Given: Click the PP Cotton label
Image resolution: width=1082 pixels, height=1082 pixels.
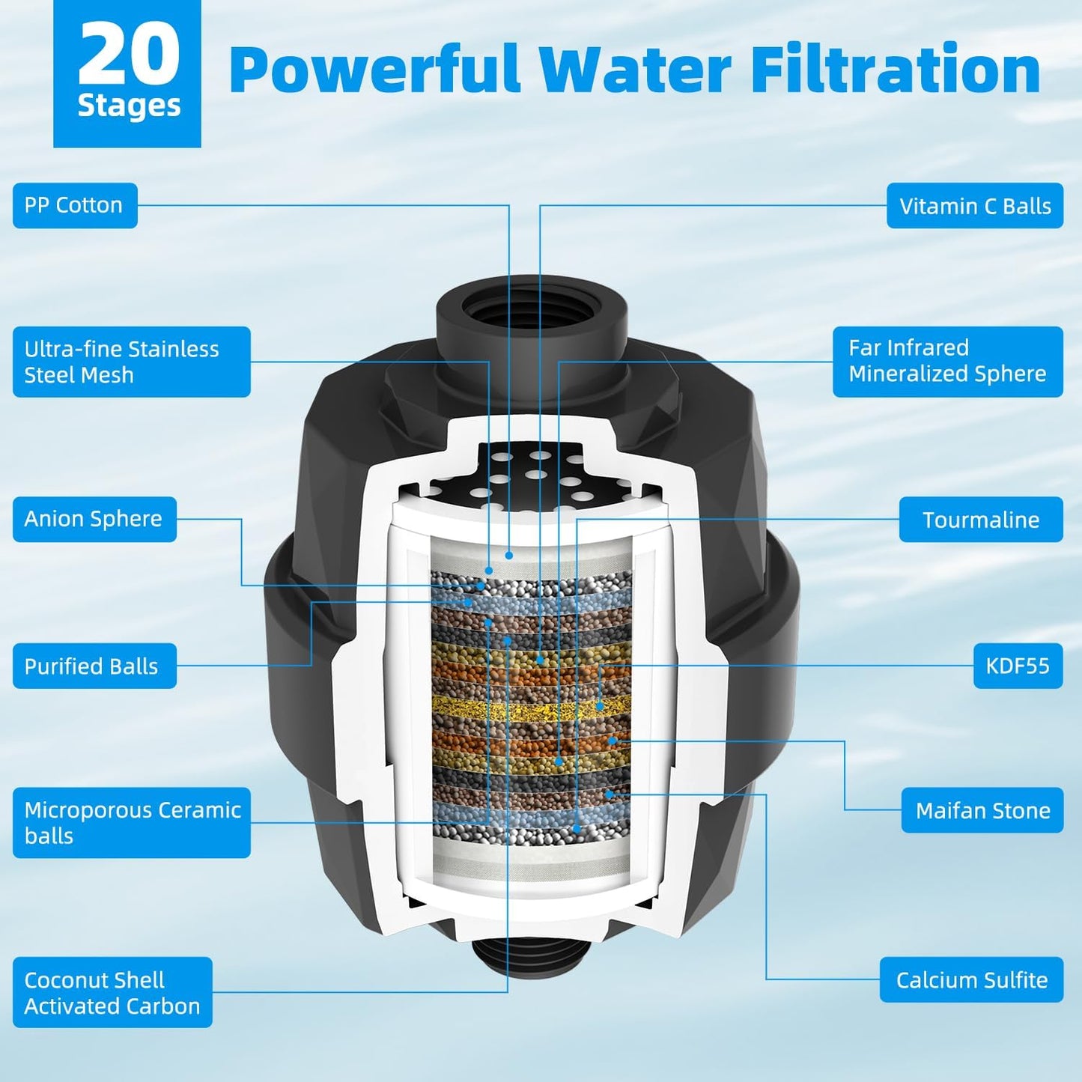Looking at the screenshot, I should tap(75, 205).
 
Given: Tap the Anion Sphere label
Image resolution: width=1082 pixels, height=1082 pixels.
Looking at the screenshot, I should tap(94, 519).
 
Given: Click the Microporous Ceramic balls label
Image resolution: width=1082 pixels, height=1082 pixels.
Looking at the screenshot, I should tap(131, 822).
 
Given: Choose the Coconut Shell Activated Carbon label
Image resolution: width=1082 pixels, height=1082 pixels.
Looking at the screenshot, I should tap(112, 992).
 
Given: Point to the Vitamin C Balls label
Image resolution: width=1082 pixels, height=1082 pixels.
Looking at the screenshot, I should tap(975, 206).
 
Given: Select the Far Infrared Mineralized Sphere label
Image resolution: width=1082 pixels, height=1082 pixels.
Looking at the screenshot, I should tap(947, 362).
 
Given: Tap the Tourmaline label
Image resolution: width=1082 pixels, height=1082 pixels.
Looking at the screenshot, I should tap(981, 520).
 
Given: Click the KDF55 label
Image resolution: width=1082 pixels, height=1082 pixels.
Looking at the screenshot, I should tap(1018, 666).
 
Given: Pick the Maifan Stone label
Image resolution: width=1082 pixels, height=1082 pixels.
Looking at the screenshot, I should tap(982, 810).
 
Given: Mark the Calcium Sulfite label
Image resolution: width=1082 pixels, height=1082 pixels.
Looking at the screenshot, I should tap(971, 979).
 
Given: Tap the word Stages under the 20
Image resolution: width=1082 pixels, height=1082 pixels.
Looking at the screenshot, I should tap(129, 106).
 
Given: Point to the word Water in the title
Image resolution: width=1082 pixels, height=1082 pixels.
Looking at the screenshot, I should tap(635, 69).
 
